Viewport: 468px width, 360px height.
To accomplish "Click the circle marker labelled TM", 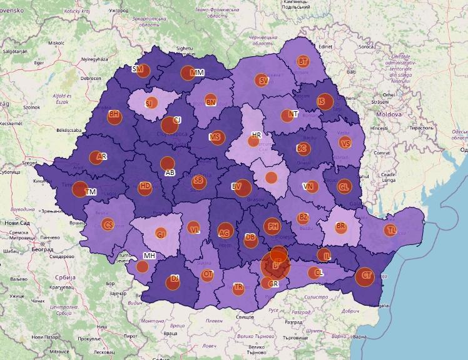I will tap(80, 189).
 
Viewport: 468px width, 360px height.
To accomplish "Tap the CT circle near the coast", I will tap(365, 276).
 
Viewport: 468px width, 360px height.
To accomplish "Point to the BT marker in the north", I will tap(303, 61).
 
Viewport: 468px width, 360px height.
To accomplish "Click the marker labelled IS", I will tap(325, 102).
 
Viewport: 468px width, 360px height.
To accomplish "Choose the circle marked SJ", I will tap(150, 103).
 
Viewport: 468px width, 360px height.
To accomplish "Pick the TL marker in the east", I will tap(391, 229).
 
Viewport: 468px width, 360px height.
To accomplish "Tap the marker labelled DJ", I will tap(173, 281).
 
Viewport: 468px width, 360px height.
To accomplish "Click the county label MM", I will tap(197, 73).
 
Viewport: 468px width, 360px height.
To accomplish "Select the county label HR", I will tap(256, 135).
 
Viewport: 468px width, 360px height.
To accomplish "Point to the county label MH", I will tap(150, 256).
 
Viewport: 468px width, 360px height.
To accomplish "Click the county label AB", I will tap(170, 172).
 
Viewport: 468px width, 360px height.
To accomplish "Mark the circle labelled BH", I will tap(114, 116).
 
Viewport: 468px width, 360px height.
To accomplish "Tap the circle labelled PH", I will tap(272, 226).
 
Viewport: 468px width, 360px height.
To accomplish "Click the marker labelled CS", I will tap(108, 225).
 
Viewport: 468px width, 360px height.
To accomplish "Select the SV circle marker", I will tap(262, 81).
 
